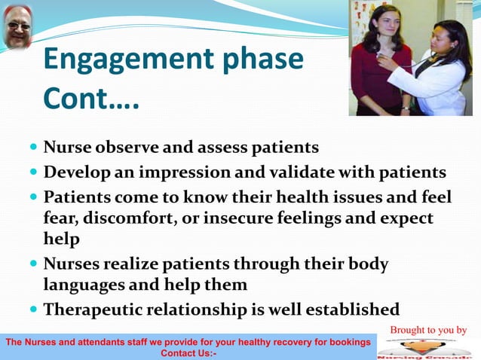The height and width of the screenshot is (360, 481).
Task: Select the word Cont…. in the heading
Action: click(90, 98)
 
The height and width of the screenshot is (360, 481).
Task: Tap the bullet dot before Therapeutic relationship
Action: click(33, 310)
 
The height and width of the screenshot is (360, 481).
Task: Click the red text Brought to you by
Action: click(428, 330)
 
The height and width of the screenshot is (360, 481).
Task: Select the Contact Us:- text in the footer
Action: click(188, 352)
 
